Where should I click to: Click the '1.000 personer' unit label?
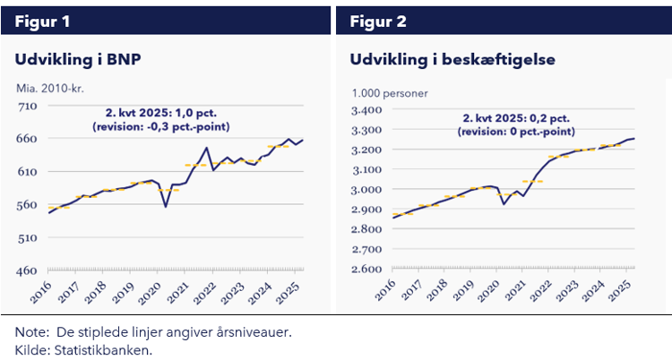(x=390, y=92)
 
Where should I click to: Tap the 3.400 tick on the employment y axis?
(x=367, y=110)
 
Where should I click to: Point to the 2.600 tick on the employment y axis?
(x=367, y=269)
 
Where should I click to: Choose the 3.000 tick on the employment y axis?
(x=367, y=189)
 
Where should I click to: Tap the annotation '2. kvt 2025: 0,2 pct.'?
(x=516, y=118)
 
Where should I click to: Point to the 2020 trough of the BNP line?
(x=165, y=207)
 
